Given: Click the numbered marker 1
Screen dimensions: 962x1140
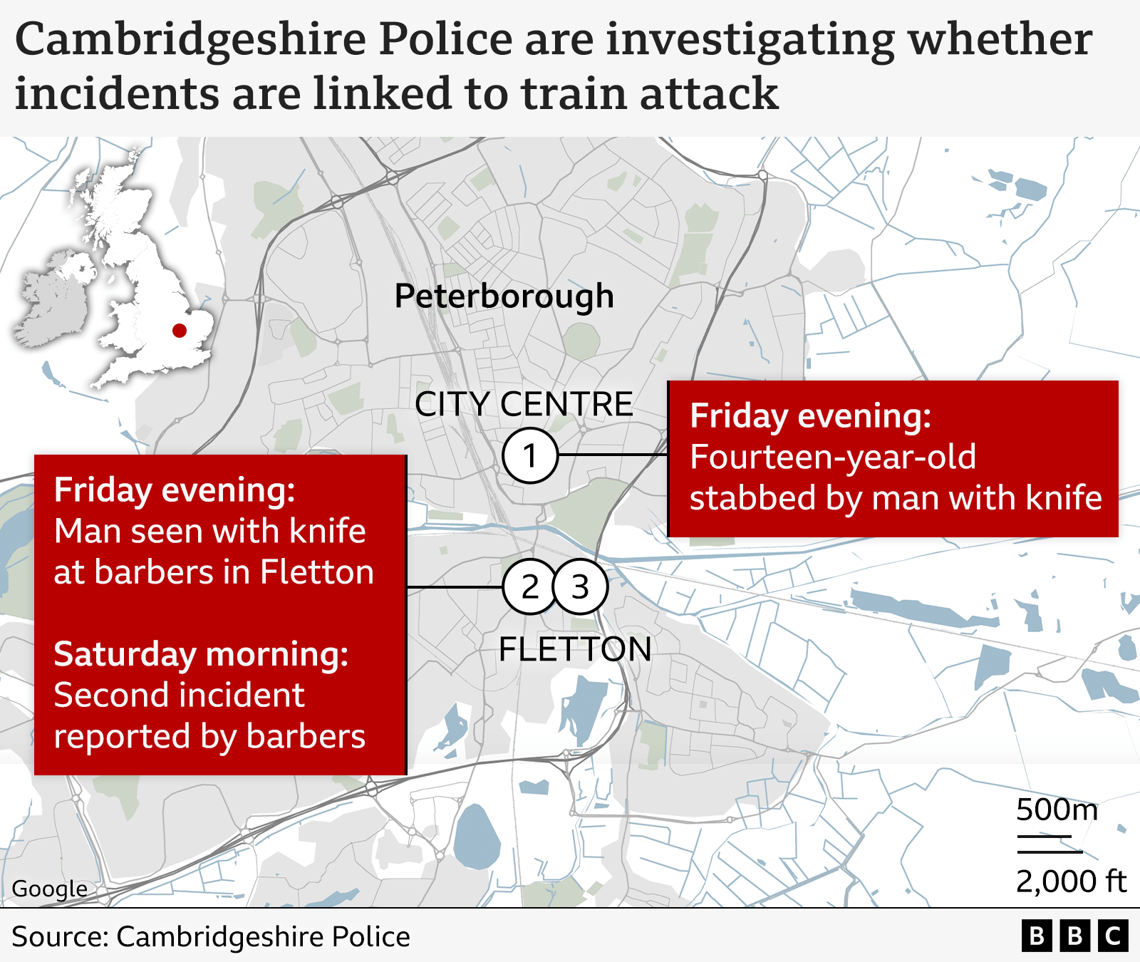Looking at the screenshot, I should pos(530,455).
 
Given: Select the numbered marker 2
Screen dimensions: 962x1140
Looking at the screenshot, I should pos(529,587).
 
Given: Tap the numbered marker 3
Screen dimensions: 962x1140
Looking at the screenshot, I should pos(581,587).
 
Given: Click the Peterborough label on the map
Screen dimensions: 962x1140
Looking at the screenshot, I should pos(504,296).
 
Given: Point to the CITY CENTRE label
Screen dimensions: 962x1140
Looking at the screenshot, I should pos(524,404).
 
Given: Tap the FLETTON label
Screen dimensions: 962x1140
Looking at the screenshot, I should pos(575,649).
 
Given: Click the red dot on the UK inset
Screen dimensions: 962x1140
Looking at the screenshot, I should pos(180,330).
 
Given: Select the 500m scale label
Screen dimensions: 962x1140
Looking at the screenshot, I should pos(1057,810).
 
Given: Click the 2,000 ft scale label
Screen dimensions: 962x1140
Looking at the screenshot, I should pos(1071,881).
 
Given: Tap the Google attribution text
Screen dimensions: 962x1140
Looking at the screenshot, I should pos(49,889).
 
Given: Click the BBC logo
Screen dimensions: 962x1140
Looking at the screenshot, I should pos(1074,936).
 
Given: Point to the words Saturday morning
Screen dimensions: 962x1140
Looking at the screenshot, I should pos(201,654).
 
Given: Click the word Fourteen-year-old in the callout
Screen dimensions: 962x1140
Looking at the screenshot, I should pos(833,457).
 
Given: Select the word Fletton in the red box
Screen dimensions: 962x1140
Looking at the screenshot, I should pos(317,572).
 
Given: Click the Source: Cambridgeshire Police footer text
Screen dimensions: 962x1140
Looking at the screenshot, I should pos(211,936).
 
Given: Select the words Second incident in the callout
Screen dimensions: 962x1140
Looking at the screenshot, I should pos(179,695).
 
